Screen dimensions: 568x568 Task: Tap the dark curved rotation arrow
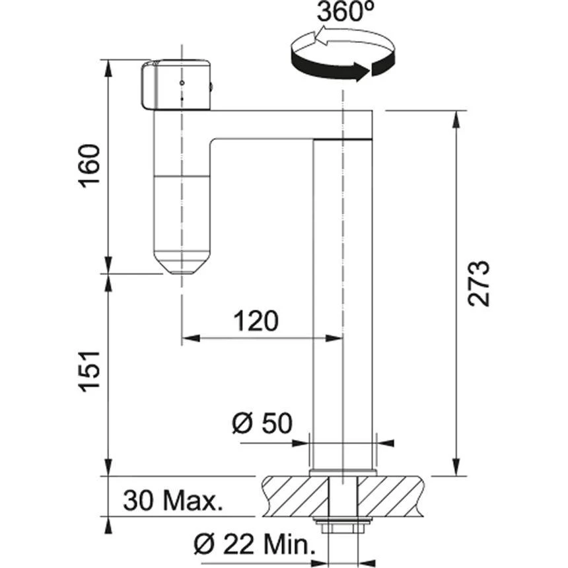point(330,68)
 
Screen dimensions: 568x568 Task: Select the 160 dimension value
point(90,165)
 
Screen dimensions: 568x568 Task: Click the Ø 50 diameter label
point(262,423)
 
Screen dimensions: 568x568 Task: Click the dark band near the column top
point(343,139)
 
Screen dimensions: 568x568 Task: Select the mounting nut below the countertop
point(343,526)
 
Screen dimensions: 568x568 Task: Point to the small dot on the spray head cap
point(180,84)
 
